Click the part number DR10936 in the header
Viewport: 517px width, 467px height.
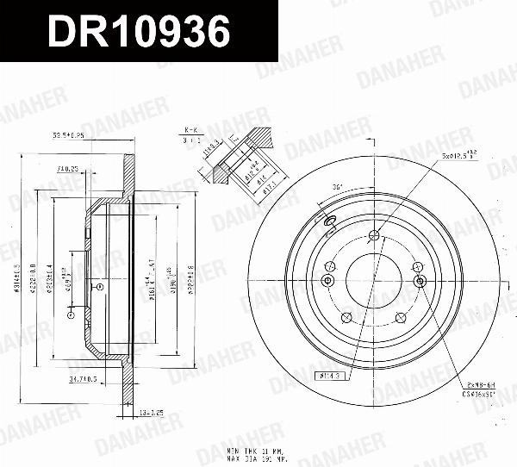coord(138,32)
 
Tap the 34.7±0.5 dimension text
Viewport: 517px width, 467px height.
coord(83,378)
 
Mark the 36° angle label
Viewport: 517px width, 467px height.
coord(337,187)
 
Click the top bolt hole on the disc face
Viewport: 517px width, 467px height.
coord(373,237)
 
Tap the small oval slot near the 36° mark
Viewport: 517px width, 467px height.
coord(329,223)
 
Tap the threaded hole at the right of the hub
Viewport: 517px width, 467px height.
coord(420,281)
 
